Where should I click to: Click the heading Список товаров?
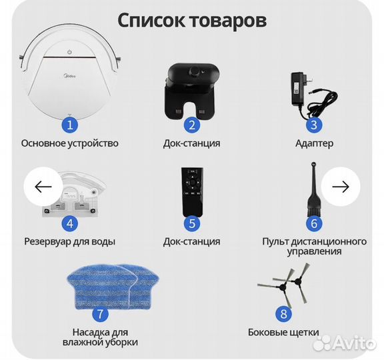[x=192, y=20]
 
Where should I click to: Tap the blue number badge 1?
[x=70, y=124]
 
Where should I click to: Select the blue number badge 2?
[x=191, y=124]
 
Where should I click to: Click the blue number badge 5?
[x=191, y=223]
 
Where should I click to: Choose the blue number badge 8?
[x=283, y=313]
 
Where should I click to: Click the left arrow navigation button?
[x=43, y=187]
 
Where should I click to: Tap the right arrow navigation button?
[x=341, y=187]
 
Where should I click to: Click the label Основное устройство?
[x=70, y=143]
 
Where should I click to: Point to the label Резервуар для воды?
[x=70, y=241]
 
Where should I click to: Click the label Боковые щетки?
[x=283, y=331]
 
